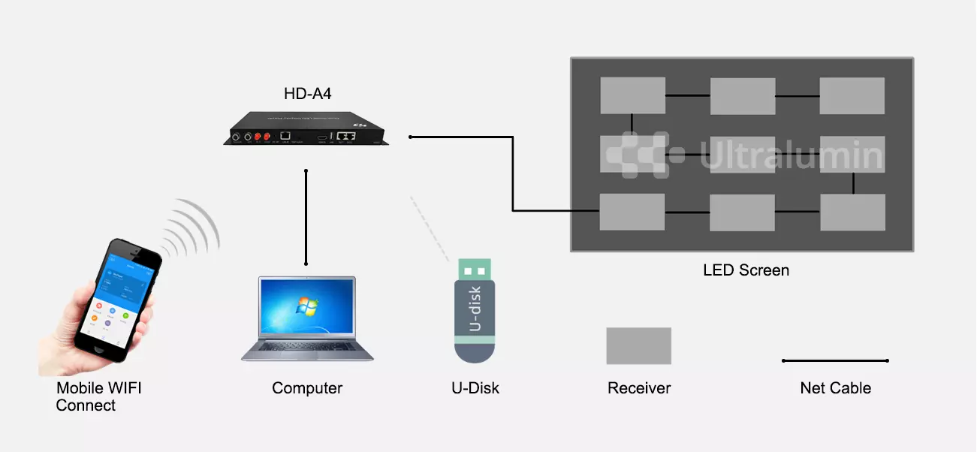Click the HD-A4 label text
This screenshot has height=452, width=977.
pyautogui.click(x=307, y=94)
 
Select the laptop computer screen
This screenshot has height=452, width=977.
pyautogui.click(x=307, y=308)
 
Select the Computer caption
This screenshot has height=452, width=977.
pyautogui.click(x=307, y=388)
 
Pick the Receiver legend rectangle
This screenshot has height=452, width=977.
pyautogui.click(x=639, y=345)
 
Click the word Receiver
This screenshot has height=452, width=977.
pyautogui.click(x=639, y=388)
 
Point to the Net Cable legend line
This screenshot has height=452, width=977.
pyautogui.click(x=835, y=360)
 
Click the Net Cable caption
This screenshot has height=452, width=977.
pyautogui.click(x=835, y=388)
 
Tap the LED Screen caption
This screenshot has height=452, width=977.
pyautogui.click(x=746, y=270)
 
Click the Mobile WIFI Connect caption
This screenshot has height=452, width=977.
pyautogui.click(x=98, y=396)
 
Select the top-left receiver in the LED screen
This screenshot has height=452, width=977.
pyautogui.click(x=633, y=95)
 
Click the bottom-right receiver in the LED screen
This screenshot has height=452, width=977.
pyautogui.click(x=852, y=212)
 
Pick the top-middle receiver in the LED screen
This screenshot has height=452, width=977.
pyautogui.click(x=743, y=95)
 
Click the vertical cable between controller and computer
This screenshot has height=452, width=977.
pyautogui.click(x=306, y=218)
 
